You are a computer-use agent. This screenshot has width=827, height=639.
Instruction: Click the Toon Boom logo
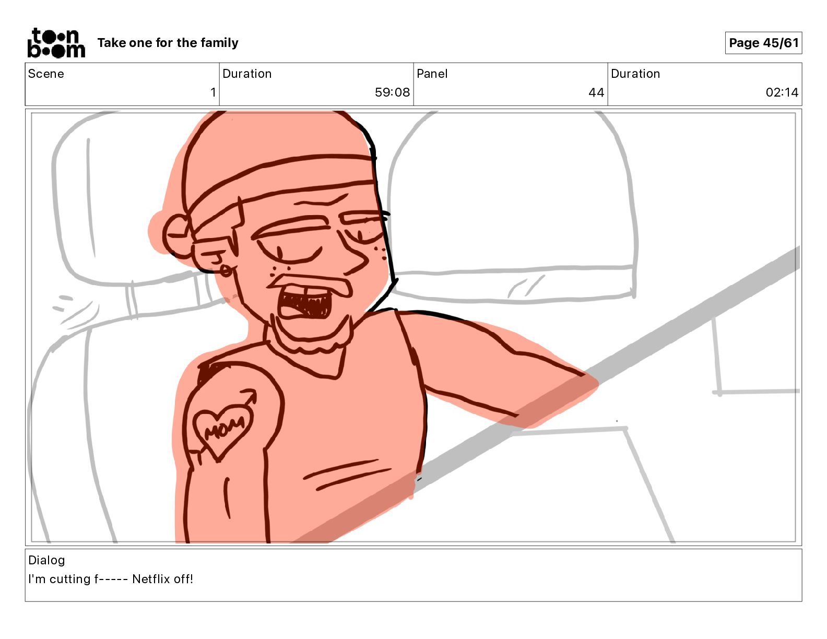pyautogui.click(x=56, y=43)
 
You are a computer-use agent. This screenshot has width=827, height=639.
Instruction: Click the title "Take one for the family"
pyautogui.click(x=168, y=43)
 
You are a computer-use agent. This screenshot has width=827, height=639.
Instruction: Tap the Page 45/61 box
pyautogui.click(x=763, y=43)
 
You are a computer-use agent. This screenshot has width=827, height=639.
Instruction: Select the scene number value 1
pyautogui.click(x=213, y=92)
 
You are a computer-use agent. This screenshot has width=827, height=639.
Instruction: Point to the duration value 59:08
pyautogui.click(x=392, y=92)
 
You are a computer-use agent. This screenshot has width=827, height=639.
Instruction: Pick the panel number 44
pyautogui.click(x=596, y=92)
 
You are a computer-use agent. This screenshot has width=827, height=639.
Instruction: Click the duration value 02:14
pyautogui.click(x=782, y=92)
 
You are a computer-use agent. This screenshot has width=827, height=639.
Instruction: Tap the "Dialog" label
pyautogui.click(x=46, y=560)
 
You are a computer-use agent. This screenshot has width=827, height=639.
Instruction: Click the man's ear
pyautogui.click(x=178, y=236)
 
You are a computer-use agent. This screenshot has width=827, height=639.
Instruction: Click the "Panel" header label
pyautogui.click(x=432, y=74)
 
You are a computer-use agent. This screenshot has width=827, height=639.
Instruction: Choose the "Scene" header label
pyautogui.click(x=46, y=74)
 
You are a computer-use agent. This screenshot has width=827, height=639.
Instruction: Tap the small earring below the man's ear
pyautogui.click(x=226, y=271)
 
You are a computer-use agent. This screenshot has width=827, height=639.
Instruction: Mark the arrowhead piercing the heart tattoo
pyautogui.click(x=252, y=395)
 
